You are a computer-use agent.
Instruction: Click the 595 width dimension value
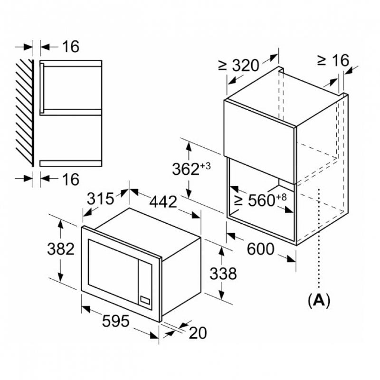point(116,322)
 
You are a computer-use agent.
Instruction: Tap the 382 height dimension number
point(60,248)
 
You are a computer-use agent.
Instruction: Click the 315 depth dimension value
point(101,198)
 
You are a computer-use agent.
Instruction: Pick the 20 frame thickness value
point(198,333)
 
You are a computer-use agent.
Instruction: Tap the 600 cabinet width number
point(260,249)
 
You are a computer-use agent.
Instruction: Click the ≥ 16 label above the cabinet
point(333,60)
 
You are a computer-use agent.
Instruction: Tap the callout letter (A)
point(319,300)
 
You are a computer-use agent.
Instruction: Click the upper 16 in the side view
point(70,47)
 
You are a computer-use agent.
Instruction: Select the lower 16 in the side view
point(70,179)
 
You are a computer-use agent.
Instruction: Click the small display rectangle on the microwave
point(144,300)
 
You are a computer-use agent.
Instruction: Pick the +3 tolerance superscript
point(205,165)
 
